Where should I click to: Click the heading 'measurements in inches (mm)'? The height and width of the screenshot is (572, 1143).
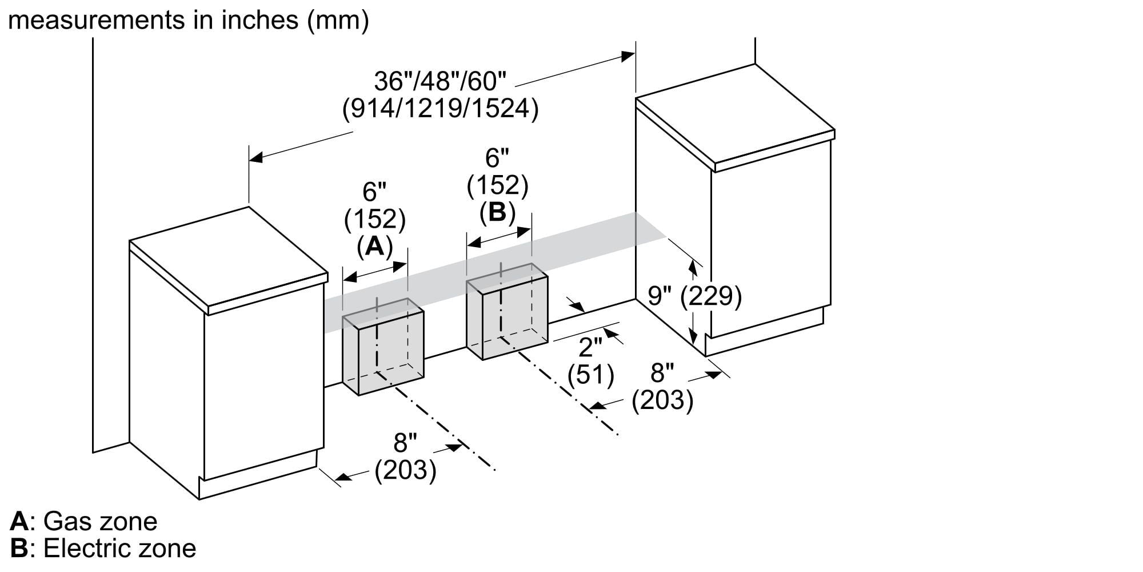coord(189,21)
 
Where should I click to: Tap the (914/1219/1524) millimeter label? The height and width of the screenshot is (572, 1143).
coord(440,109)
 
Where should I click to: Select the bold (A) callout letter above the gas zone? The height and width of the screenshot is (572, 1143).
coord(375,246)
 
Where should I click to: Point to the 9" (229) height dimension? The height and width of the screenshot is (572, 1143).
coord(694,296)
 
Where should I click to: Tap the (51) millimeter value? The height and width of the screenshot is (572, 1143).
coord(590,375)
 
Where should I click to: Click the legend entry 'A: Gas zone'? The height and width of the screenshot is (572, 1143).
coord(83,521)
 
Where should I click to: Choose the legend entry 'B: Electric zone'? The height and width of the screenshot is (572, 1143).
coord(103,549)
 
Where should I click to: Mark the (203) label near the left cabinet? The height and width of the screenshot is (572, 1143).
coord(406,470)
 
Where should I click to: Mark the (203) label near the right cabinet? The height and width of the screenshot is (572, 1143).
coord(662,400)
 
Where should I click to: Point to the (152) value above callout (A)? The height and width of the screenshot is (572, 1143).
coord(375,219)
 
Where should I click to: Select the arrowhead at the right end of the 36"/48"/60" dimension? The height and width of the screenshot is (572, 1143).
coord(628,56)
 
